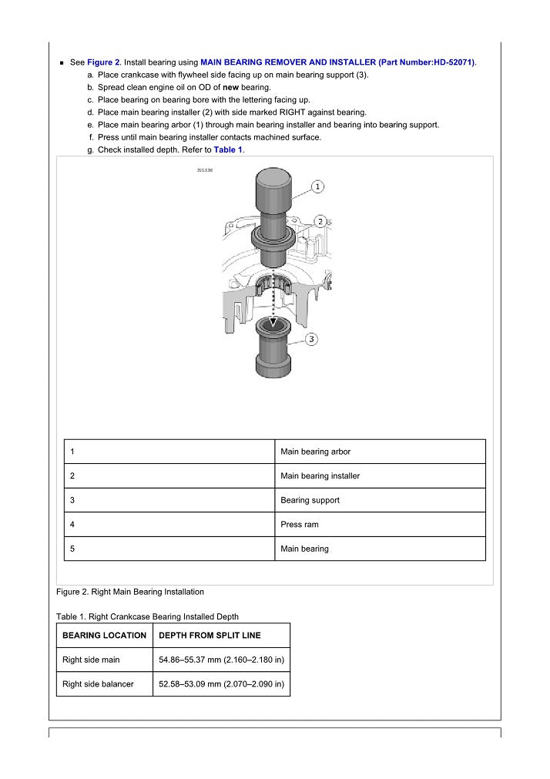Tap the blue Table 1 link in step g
coord(228,149)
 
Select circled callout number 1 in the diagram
coord(319,186)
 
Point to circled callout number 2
coord(319,221)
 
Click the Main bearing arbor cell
coord(316,452)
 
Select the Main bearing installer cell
coord(320,476)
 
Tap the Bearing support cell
coord(310,500)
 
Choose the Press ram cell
coord(300,525)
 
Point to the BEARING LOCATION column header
coord(104,636)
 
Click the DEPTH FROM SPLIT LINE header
coord(210,636)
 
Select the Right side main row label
coord(91,660)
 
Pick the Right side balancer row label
coord(98,684)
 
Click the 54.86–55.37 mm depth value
coord(221,660)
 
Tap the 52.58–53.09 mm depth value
coord(221,684)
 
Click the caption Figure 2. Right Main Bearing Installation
coord(130,592)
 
